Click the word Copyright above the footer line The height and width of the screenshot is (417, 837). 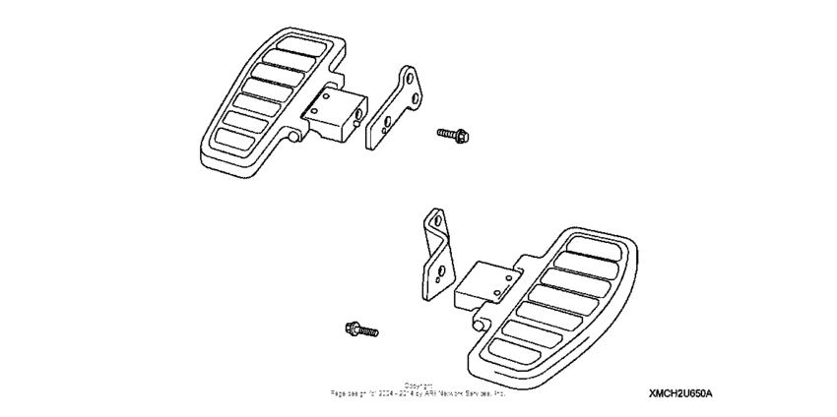coord(418,385)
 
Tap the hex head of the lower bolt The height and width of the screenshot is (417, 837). coord(351,327)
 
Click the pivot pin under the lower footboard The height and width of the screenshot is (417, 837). coord(479,324)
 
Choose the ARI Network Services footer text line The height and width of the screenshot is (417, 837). coord(418,392)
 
